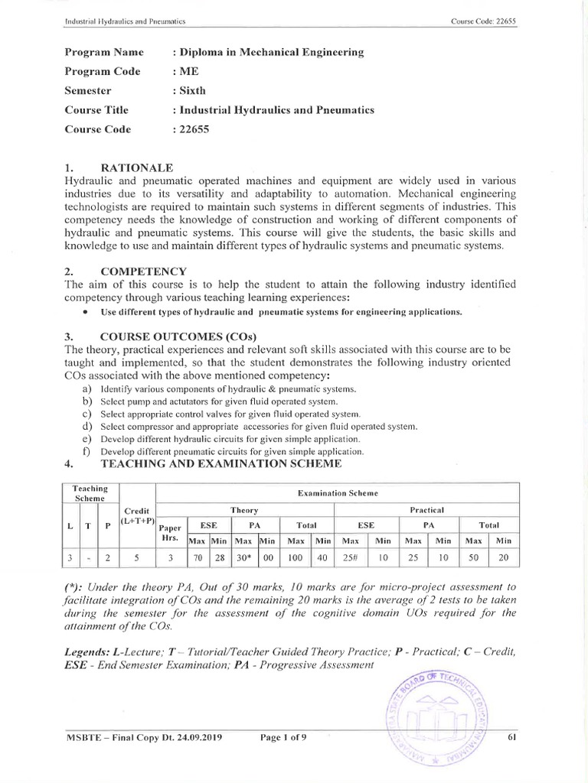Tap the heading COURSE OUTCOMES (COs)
pos(179,336)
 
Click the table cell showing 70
pos(198,557)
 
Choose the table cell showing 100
pos(294,557)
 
